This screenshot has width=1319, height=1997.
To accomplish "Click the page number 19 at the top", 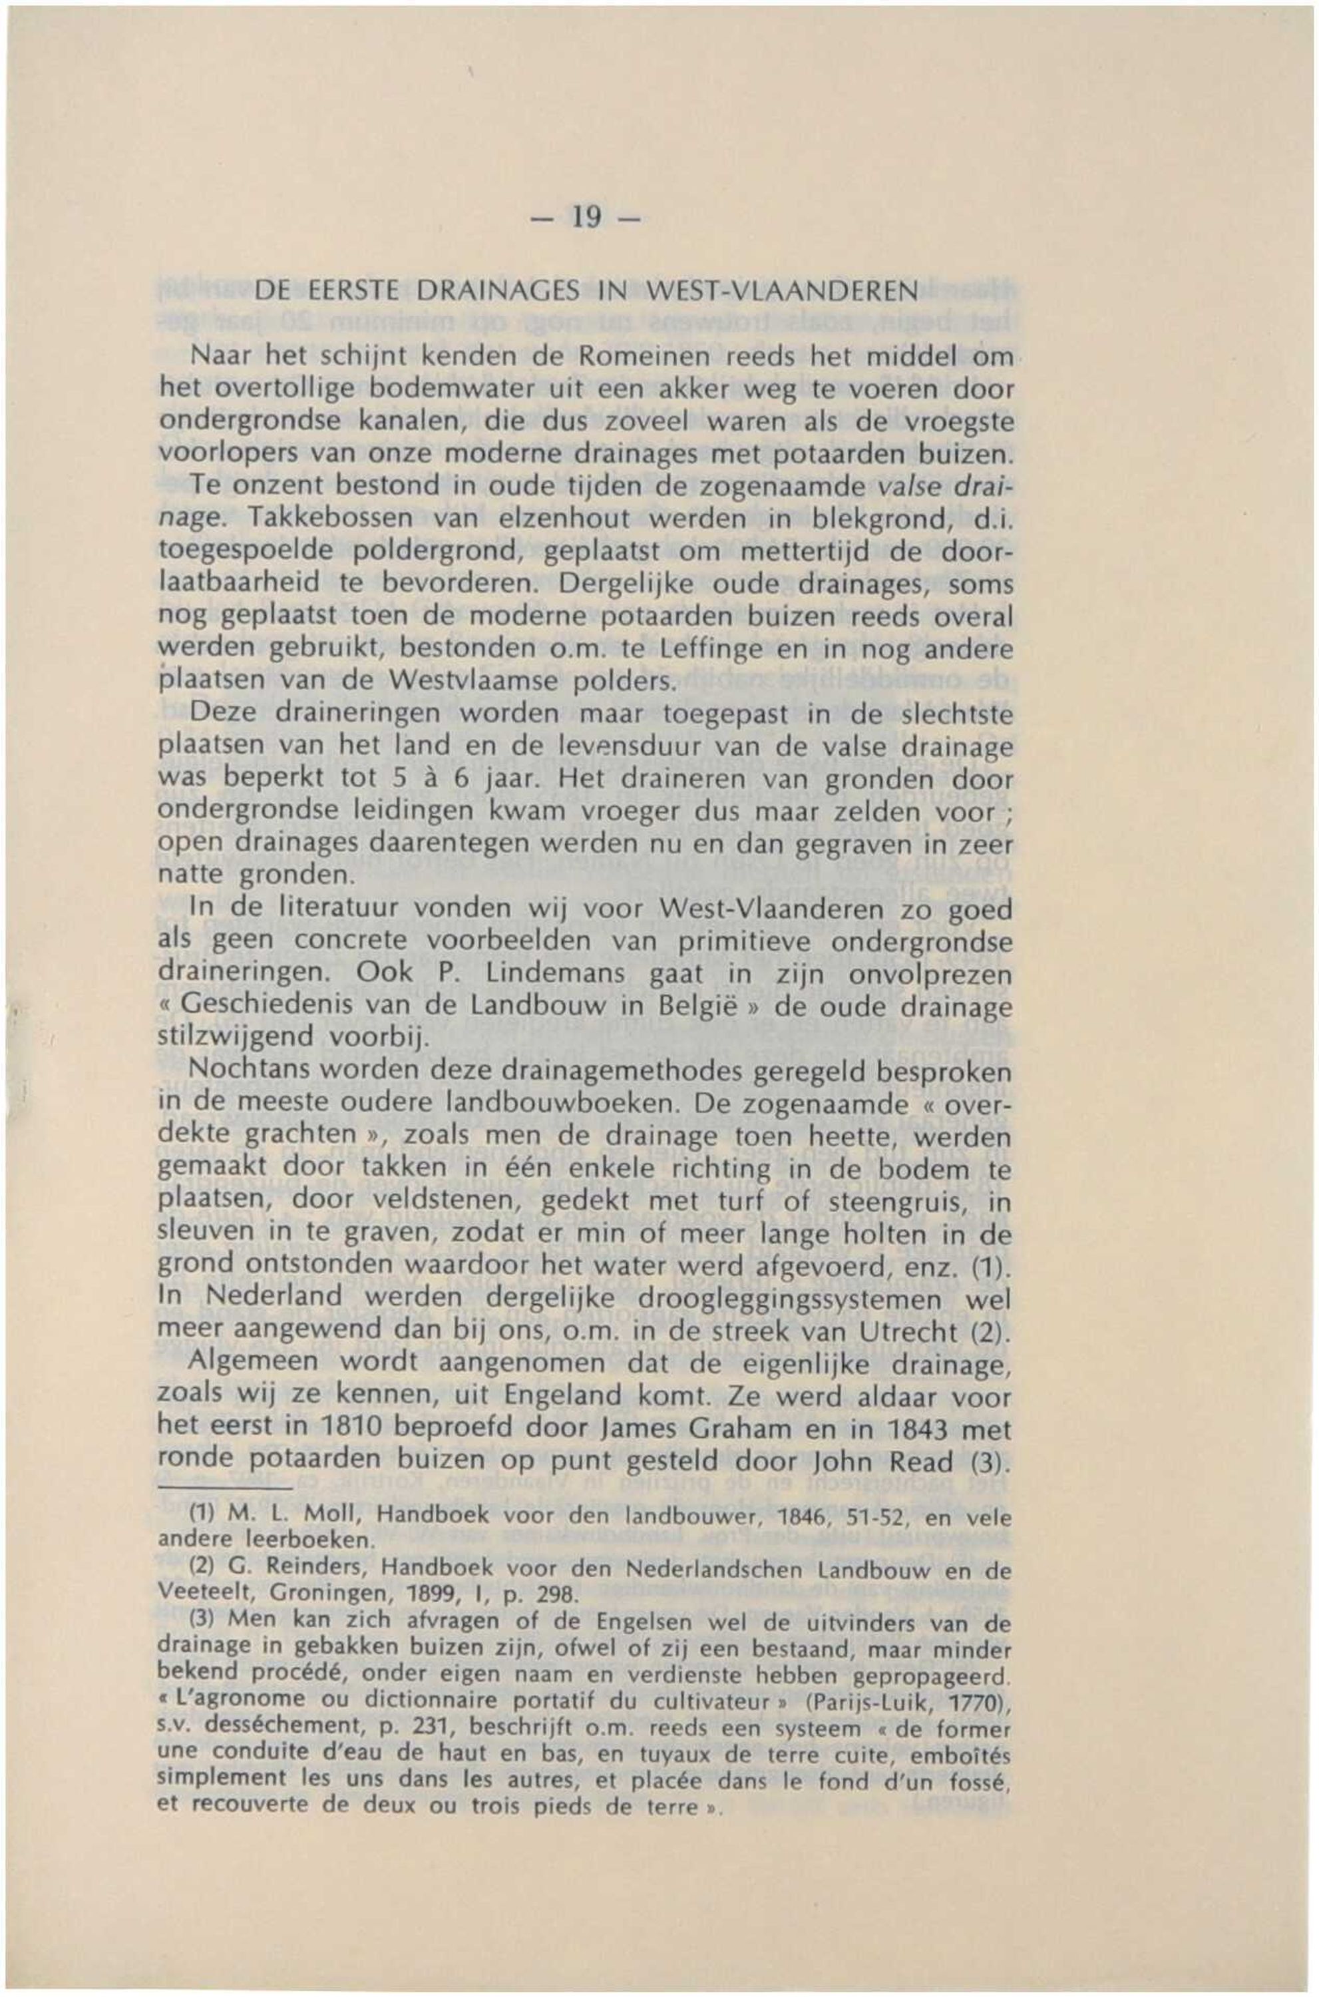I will coord(586,217).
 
